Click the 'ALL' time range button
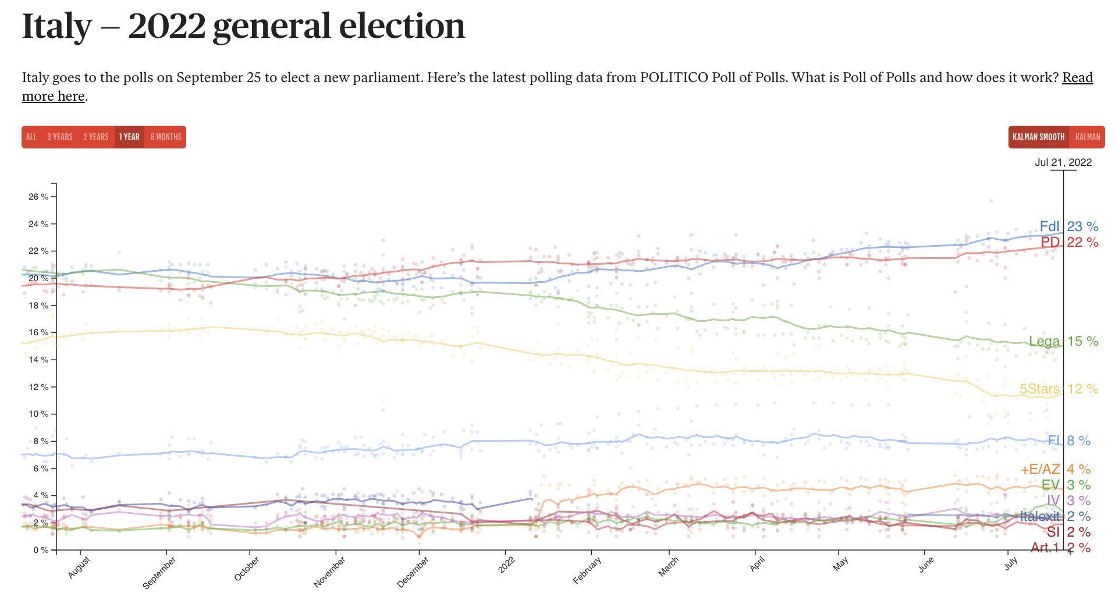click(x=31, y=137)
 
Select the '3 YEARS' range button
click(x=60, y=137)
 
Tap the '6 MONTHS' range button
click(x=166, y=137)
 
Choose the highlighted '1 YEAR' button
click(x=129, y=137)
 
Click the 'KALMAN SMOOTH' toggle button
click(x=1038, y=137)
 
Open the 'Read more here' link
click(x=54, y=96)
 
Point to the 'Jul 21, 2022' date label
click(x=1063, y=162)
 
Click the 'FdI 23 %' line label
click(x=1068, y=226)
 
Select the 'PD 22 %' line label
click(x=1069, y=242)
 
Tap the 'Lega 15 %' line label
click(x=1063, y=341)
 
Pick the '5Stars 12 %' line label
click(x=1059, y=389)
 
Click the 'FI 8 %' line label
click(x=1068, y=441)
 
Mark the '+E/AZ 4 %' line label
click(x=1055, y=469)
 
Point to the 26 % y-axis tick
click(x=38, y=197)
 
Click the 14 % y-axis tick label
click(x=38, y=360)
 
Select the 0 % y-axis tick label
click(x=41, y=550)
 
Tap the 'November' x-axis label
click(x=329, y=572)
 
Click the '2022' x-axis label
click(x=506, y=565)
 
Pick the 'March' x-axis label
click(x=669, y=567)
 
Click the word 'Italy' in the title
click(x=56, y=27)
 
